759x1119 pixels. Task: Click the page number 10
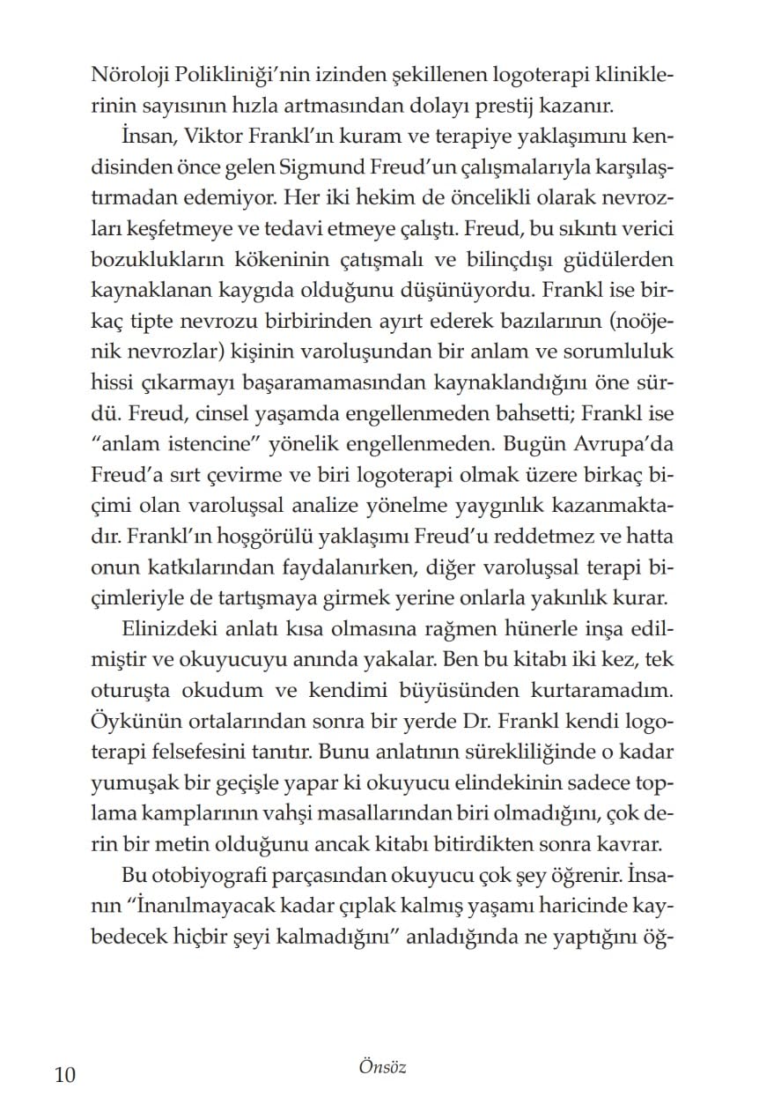click(x=65, y=1076)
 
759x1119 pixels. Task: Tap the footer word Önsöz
click(x=381, y=1068)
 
